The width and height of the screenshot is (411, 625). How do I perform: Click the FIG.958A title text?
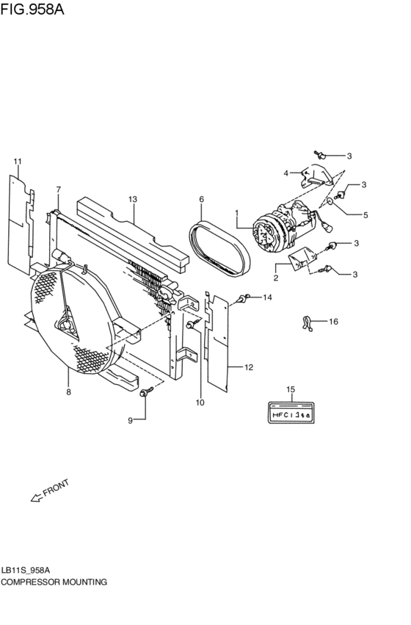pos(32,9)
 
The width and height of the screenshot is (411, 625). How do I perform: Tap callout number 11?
pos(17,162)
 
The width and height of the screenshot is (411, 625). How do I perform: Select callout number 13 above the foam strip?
pos(133,199)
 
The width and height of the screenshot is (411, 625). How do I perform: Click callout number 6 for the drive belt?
pos(202,199)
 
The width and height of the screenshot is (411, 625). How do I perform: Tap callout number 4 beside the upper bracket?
pos(286,173)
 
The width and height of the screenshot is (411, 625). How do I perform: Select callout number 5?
pos(365,215)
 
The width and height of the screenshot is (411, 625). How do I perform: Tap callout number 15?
pos(291,389)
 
